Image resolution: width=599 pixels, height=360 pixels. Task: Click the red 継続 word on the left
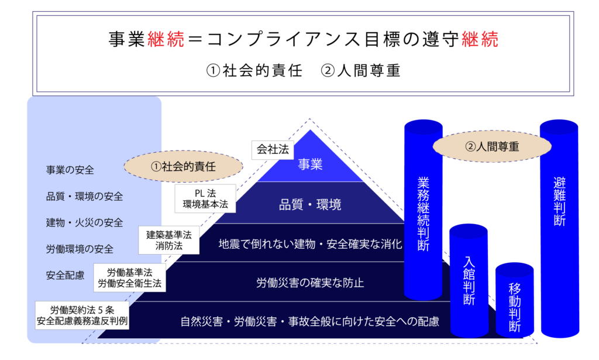click(166, 40)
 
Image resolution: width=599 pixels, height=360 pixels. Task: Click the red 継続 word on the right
click(480, 40)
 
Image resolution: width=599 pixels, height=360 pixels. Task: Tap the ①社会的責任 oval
click(184, 166)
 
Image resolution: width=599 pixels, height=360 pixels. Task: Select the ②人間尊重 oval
click(492, 147)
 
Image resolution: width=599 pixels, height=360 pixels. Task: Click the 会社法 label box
click(273, 150)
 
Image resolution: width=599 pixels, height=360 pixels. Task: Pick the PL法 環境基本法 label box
click(205, 198)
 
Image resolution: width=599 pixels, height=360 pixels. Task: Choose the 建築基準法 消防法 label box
click(169, 240)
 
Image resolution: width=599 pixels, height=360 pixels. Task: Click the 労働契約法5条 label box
click(82, 315)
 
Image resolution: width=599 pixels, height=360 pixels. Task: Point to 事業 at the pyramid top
click(310, 165)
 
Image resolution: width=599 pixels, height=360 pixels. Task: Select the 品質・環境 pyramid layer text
click(310, 205)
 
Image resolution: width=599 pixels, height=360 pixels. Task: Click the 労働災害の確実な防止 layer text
click(310, 283)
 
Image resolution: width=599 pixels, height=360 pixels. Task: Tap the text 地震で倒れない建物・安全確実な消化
click(310, 244)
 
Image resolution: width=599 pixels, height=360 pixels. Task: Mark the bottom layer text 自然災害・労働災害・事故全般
click(310, 321)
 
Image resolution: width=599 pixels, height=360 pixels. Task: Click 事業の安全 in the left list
click(70, 170)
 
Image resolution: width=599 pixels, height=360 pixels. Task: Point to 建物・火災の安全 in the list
click(84, 222)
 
